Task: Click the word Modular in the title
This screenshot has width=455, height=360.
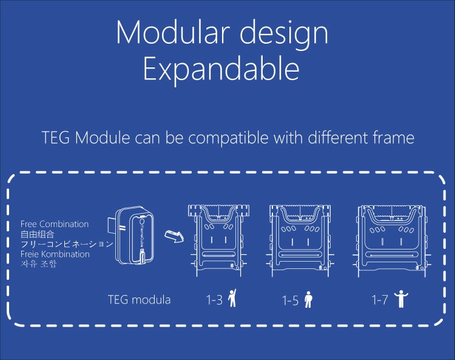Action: click(173, 32)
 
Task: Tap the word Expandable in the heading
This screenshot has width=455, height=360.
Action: click(221, 69)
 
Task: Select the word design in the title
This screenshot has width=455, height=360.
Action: click(284, 33)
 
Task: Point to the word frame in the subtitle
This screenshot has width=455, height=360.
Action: click(394, 138)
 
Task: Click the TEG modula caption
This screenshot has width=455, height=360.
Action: click(139, 300)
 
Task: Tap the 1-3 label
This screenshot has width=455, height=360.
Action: click(214, 300)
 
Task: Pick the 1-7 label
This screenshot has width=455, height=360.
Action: click(380, 300)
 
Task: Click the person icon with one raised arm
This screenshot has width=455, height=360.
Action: click(232, 298)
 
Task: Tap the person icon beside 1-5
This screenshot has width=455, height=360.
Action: click(308, 299)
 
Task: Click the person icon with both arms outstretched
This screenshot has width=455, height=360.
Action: click(401, 299)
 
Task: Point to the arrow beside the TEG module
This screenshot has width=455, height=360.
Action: click(174, 236)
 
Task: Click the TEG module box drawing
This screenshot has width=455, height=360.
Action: click(132, 235)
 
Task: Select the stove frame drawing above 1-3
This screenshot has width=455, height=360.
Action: click(219, 240)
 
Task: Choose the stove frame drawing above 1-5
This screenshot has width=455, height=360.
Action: click(300, 240)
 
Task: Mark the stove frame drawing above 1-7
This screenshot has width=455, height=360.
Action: click(392, 240)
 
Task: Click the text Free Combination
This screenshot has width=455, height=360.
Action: click(55, 224)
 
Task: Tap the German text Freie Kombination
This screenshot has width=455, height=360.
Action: click(55, 254)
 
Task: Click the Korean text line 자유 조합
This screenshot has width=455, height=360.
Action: click(39, 264)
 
